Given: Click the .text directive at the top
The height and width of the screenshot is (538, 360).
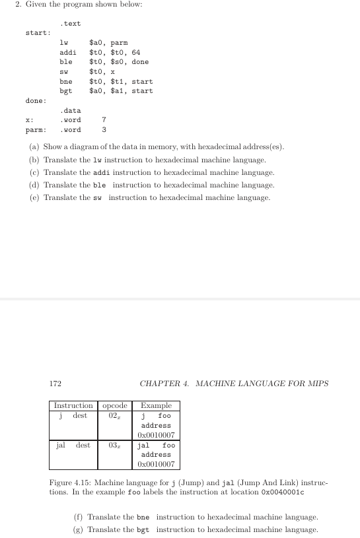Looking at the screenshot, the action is coord(71,24).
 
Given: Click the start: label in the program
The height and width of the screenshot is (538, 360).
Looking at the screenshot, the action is coord(37,33).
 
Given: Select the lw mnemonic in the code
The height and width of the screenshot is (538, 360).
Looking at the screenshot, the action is coord(64,43).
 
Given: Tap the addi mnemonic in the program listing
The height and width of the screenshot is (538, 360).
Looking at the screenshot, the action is coord(67,52).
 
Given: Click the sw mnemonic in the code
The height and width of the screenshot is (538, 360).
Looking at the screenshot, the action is coord(64,71).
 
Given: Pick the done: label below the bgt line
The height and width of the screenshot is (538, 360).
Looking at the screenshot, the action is coord(36,100).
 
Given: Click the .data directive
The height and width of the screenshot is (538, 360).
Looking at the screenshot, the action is coord(71,110).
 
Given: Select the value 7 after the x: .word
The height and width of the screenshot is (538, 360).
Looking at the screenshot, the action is coord(104,120).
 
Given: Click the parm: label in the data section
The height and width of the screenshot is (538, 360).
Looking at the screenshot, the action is coord(36,129).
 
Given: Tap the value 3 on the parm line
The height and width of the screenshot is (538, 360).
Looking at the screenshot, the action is coord(104,129).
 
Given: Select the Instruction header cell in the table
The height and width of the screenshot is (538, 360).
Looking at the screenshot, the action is coord(73,405).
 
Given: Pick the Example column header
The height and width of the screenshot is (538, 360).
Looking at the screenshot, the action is coord(156,405).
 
